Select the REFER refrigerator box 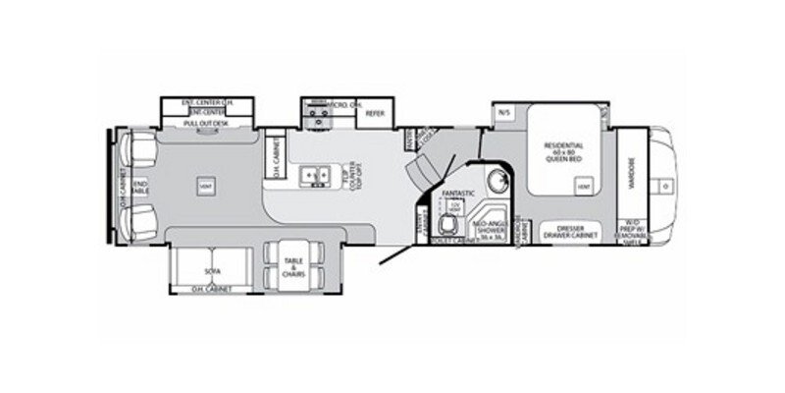(373, 114)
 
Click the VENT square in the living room (206, 185)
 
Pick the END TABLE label (141, 185)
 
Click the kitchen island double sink (315, 175)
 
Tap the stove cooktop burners (317, 115)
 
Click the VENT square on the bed (584, 185)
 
